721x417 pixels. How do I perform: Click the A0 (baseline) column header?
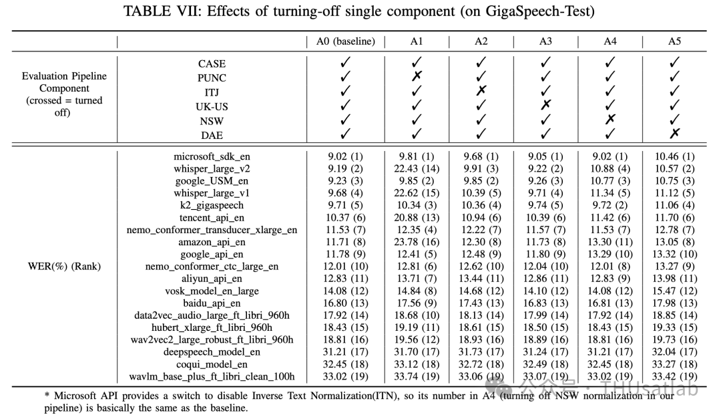(345, 41)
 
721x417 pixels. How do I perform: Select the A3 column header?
(545, 41)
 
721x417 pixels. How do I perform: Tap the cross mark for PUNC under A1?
(417, 77)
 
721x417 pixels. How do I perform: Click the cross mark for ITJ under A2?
(481, 91)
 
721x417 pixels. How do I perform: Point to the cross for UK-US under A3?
(545, 105)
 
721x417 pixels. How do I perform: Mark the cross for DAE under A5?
(675, 133)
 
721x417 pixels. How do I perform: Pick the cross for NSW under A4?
(610, 119)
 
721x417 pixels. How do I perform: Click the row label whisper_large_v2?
(212, 169)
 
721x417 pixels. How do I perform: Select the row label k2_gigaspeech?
(212, 205)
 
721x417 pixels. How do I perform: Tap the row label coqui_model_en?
(212, 364)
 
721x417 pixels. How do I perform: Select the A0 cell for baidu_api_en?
(345, 303)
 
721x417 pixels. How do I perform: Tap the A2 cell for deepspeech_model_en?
(481, 352)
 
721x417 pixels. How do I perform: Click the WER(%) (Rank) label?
(64, 267)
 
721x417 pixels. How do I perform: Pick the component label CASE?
(212, 63)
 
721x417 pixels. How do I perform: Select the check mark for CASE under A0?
(345, 63)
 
